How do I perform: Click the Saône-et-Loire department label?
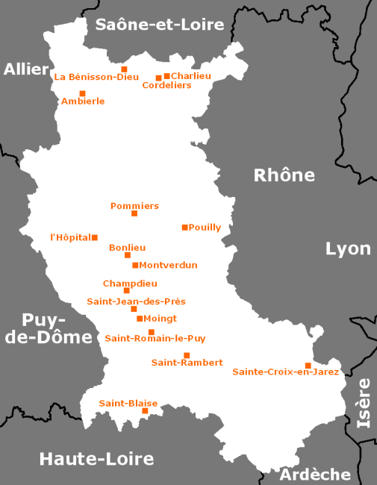click(160, 25)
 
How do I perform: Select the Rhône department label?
click(284, 175)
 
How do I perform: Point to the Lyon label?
click(348, 248)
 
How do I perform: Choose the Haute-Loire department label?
click(96, 458)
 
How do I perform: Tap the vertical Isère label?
click(364, 403)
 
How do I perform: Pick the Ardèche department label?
click(314, 475)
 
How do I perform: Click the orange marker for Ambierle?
click(82, 93)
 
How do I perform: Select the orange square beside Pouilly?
click(184, 227)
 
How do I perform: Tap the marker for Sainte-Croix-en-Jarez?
click(308, 365)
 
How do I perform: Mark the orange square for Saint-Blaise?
click(145, 410)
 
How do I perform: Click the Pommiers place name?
click(134, 206)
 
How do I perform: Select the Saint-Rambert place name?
click(187, 363)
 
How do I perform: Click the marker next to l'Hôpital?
click(94, 237)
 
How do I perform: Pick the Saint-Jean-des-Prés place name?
click(136, 301)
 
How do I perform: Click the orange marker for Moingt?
click(140, 319)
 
